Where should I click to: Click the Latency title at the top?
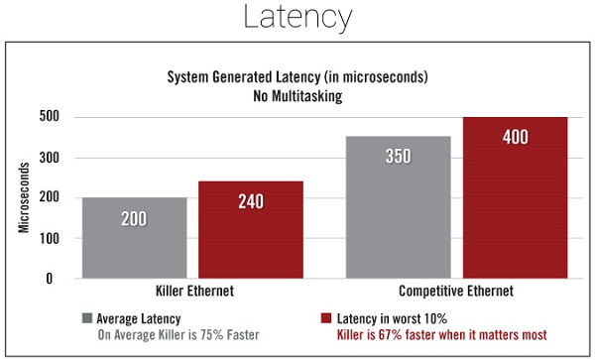(297, 18)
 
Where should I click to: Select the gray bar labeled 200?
(134, 238)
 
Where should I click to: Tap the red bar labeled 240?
(251, 230)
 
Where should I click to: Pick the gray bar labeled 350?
(399, 207)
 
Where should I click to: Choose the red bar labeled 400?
(516, 197)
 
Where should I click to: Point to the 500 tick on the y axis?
(50, 116)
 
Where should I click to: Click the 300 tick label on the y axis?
(50, 158)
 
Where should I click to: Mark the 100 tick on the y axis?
(50, 239)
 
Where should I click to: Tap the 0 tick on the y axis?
(50, 279)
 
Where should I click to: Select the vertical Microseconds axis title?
(24, 197)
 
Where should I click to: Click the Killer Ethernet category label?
(194, 291)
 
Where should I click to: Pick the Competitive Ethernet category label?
(456, 291)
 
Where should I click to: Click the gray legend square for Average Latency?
(87, 318)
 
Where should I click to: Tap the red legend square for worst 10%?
(326, 318)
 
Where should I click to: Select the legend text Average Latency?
(139, 318)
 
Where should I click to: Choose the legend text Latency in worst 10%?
(392, 318)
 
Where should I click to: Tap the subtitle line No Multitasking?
(297, 96)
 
